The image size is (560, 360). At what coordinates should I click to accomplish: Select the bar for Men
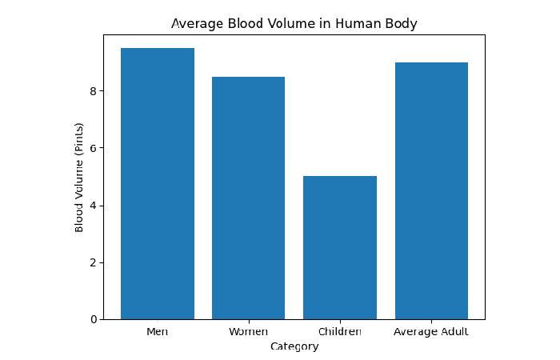pyautogui.click(x=158, y=184)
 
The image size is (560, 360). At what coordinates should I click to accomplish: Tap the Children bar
pyautogui.click(x=339, y=248)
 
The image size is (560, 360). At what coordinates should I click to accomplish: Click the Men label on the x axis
pyautogui.click(x=158, y=331)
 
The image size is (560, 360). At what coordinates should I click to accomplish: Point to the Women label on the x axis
pyautogui.click(x=248, y=331)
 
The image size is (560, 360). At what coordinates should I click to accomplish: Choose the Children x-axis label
pyautogui.click(x=339, y=331)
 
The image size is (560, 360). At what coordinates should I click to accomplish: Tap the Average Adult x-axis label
pyautogui.click(x=431, y=331)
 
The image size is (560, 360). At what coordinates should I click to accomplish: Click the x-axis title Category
pyautogui.click(x=294, y=346)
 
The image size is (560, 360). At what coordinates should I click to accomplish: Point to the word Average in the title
pyautogui.click(x=194, y=24)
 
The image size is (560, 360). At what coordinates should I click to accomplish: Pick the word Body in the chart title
pyautogui.click(x=402, y=24)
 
